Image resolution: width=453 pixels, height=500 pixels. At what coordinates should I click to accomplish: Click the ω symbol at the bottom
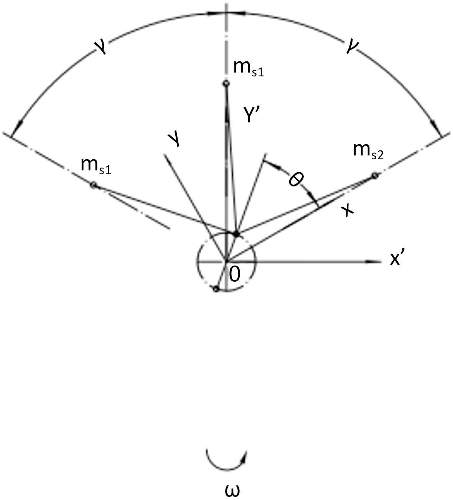point(232,491)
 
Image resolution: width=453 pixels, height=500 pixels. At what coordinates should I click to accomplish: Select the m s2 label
point(368,151)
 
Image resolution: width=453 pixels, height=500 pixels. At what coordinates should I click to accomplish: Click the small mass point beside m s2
point(374,176)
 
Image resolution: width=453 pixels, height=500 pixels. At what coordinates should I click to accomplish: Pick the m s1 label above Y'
point(249,70)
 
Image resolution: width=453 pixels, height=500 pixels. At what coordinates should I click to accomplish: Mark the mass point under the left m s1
point(93,185)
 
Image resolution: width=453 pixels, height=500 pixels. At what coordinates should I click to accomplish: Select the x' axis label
point(398,259)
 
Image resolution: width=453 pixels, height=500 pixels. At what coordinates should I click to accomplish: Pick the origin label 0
point(234,274)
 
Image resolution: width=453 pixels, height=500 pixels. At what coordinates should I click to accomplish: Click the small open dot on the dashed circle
point(216,289)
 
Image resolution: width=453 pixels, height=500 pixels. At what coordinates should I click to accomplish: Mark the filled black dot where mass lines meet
point(237,234)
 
